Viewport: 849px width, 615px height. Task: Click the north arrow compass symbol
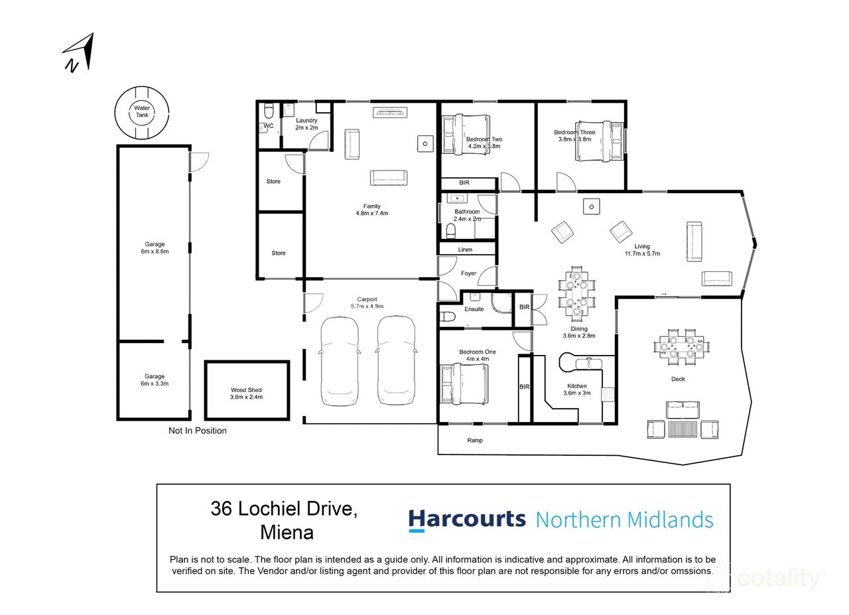click(x=79, y=52)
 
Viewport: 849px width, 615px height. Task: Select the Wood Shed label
click(x=247, y=393)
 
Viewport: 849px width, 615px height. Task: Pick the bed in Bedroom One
click(x=464, y=383)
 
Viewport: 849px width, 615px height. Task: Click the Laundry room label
click(x=306, y=123)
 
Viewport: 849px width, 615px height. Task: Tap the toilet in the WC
click(x=269, y=110)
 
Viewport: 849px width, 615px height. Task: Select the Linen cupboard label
click(x=466, y=249)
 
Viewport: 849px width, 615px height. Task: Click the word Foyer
click(x=468, y=273)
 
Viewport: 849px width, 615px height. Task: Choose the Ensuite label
click(x=474, y=309)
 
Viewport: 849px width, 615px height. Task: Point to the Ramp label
click(x=475, y=440)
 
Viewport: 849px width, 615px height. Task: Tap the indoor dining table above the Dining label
click(x=576, y=293)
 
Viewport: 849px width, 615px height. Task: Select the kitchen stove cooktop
click(x=608, y=394)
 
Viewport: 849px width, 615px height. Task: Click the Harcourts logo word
click(x=467, y=519)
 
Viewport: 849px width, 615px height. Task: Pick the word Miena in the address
click(x=287, y=532)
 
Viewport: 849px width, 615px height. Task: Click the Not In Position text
click(x=197, y=431)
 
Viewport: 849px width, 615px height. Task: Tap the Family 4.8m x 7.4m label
click(x=371, y=210)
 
